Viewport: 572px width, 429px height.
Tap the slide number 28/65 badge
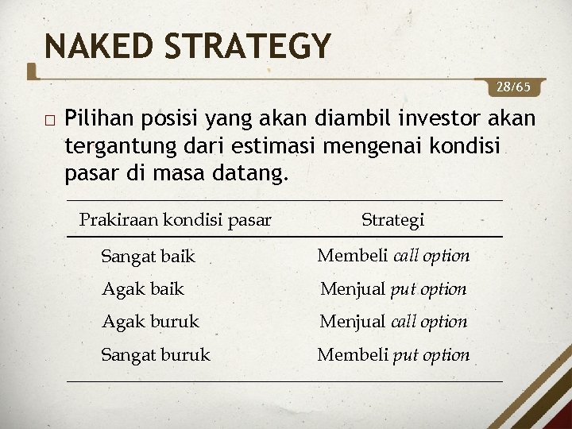click(520, 86)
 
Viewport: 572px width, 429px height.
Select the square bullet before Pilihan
click(50, 121)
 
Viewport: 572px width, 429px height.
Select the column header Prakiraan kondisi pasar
click(176, 219)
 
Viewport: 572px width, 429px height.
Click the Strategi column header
click(392, 219)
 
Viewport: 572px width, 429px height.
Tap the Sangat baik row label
click(148, 256)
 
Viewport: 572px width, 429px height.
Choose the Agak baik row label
click(142, 289)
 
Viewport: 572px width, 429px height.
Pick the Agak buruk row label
click(150, 322)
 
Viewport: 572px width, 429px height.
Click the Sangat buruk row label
click(156, 355)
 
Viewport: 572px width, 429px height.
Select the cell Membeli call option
click(393, 256)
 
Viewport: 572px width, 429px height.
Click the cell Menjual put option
click(393, 289)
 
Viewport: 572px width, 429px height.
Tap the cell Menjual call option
click(393, 322)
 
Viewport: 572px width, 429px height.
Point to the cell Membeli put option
click(393, 355)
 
